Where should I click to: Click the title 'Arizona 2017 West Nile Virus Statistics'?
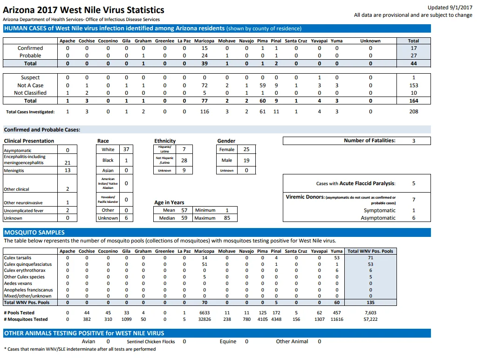coord(83,10)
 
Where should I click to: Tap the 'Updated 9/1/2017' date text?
coord(450,7)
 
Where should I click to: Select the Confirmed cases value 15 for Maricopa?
coord(205,48)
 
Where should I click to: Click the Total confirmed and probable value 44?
coord(414,63)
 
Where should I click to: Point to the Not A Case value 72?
coord(205,85)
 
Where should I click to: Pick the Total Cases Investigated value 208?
coord(414,111)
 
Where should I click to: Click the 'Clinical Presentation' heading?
coord(29,141)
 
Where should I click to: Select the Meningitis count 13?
coord(68,170)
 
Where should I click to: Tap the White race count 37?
coord(126,149)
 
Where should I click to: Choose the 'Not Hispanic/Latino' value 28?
coord(184,160)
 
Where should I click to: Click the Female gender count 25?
coord(246,149)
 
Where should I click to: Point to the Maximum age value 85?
coord(227,218)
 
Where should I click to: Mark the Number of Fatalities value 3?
coord(414,141)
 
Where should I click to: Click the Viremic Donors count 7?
coord(414,200)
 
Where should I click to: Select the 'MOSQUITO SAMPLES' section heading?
coord(34,233)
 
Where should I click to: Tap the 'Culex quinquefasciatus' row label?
coord(28,264)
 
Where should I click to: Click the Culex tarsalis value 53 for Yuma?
coord(337,258)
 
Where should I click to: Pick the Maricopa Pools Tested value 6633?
coord(205,313)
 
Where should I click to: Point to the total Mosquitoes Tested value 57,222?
coord(370,319)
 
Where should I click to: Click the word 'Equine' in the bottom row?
coord(228,341)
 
